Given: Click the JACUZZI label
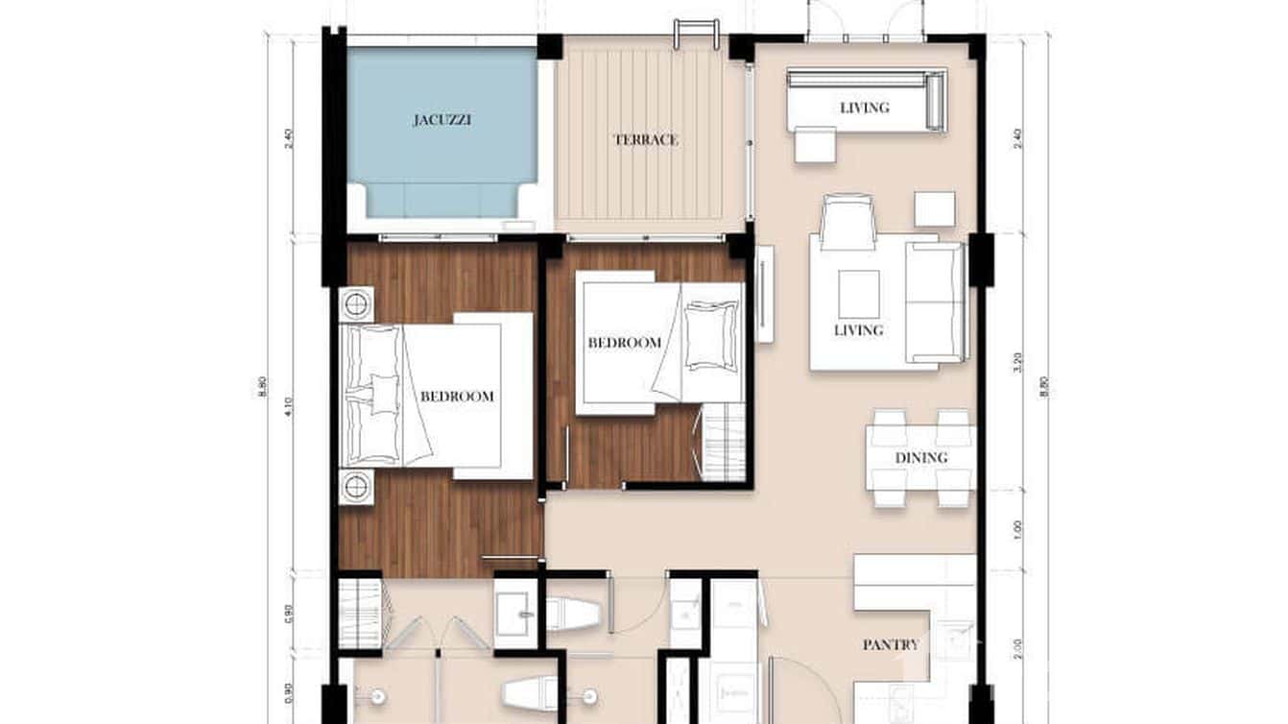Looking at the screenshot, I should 442,120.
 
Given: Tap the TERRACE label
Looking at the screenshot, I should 646,139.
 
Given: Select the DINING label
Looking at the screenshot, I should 921,458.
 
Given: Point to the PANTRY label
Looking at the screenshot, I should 890,645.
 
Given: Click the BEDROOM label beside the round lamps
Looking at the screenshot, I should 458,396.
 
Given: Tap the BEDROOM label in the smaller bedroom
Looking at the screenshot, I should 625,343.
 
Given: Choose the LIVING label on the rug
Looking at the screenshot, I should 858,330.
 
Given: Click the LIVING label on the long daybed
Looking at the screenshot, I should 865,108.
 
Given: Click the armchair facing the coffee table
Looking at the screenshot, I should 848,221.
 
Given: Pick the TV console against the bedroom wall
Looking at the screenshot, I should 764,294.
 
